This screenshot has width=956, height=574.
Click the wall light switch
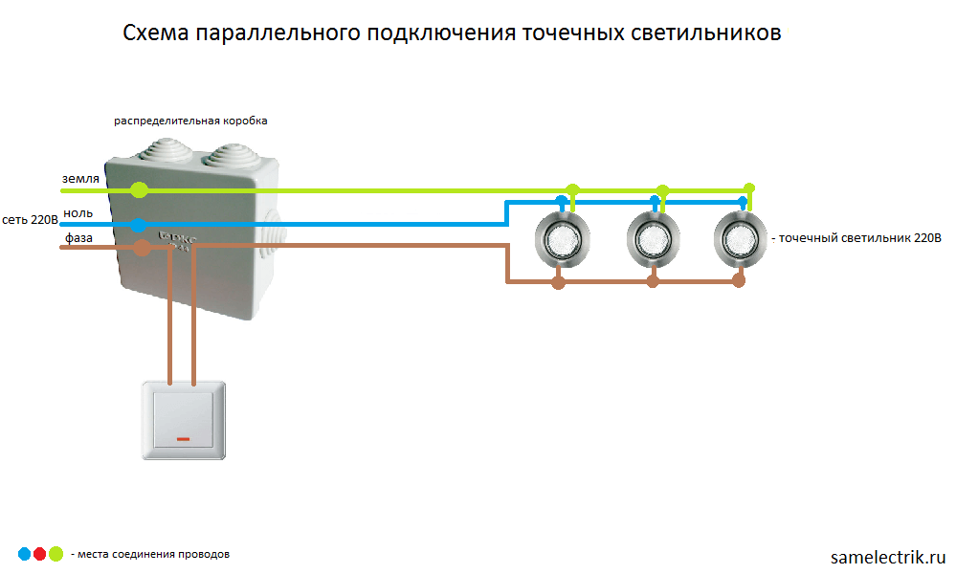pos(184,420)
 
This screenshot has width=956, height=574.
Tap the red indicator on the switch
pos(183,439)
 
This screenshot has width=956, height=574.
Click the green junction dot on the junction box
pos(139,190)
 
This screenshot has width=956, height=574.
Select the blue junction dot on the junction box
pos(139,225)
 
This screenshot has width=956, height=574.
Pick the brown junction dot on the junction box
pos(142,248)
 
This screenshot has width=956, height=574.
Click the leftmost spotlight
pos(562,239)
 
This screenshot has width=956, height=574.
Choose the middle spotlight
pos(653,239)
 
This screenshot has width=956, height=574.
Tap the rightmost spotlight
pos(740,239)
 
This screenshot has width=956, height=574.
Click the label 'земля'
pos(80,179)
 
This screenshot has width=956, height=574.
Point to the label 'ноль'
pos(78,213)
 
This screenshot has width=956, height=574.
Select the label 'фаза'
pos(78,237)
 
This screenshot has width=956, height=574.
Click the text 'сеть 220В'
pos(30,219)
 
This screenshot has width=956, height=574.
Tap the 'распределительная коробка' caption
pos(190,121)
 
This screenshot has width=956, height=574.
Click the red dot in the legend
pos(39,554)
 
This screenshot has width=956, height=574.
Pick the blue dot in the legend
pos(24,554)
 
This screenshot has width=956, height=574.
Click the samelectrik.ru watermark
pos(888,557)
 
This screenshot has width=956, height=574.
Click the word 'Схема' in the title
pos(156,33)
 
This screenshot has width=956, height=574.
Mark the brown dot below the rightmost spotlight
pos(739,281)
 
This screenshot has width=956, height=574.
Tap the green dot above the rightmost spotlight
pos(750,188)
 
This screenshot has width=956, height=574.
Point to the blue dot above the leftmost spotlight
pos(562,201)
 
